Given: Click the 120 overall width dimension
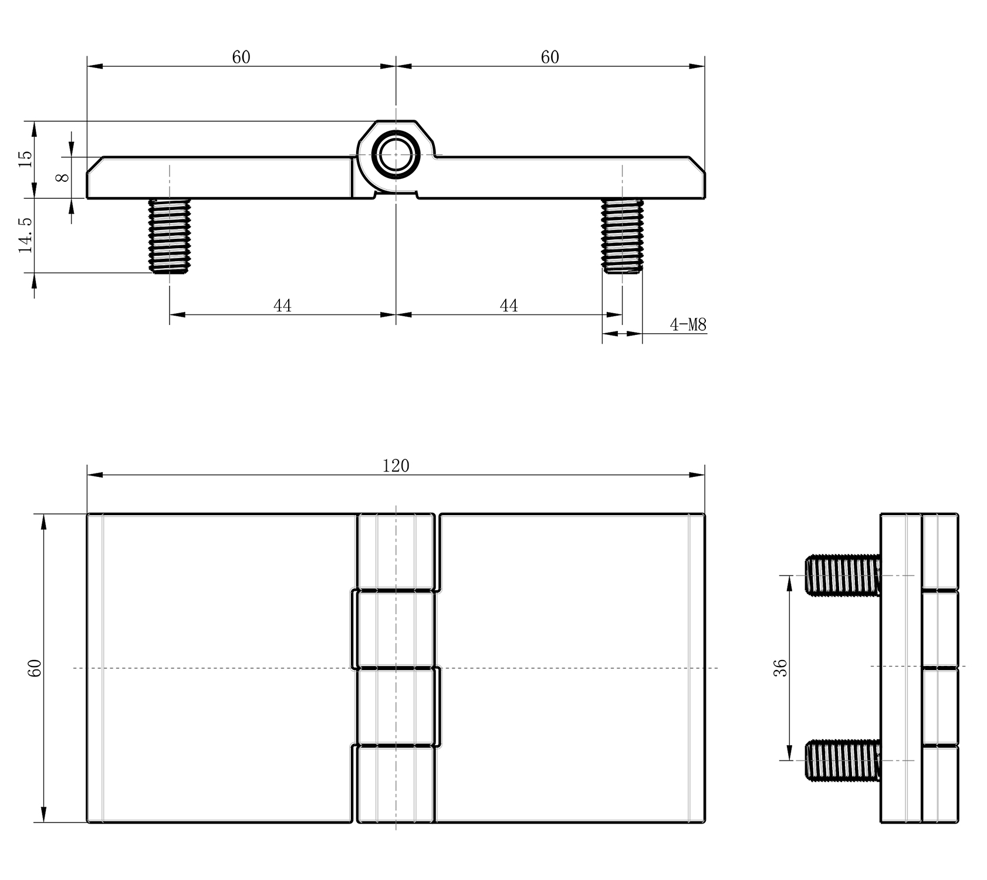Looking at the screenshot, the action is pyautogui.click(x=396, y=466).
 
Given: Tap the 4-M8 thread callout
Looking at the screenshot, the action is pyautogui.click(x=688, y=324).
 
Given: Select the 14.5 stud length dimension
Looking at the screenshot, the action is pyautogui.click(x=25, y=235).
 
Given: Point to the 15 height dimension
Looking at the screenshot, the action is pyautogui.click(x=25, y=159).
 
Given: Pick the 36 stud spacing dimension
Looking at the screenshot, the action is pyautogui.click(x=780, y=668).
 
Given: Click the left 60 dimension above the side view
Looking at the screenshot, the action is pyautogui.click(x=241, y=57).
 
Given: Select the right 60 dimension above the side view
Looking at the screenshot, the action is pyautogui.click(x=550, y=57).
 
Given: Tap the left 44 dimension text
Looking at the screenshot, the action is pyautogui.click(x=282, y=306).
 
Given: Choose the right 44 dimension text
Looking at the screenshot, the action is pyautogui.click(x=509, y=306).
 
